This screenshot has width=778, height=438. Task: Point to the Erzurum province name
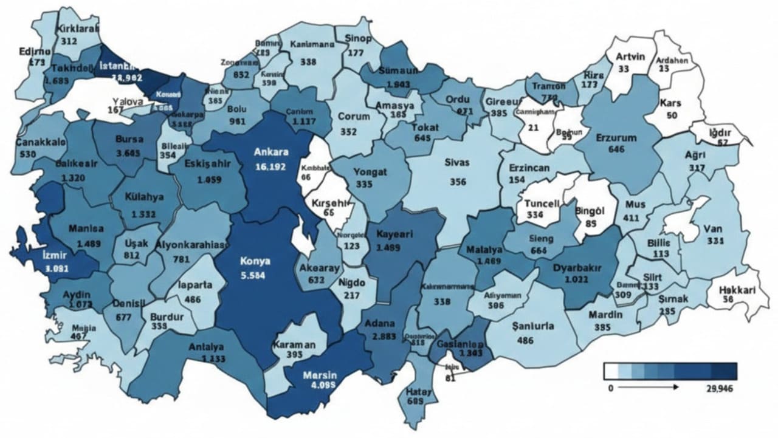[616, 138]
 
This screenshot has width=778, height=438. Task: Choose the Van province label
[712, 229]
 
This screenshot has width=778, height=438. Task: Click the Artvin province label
[630, 56]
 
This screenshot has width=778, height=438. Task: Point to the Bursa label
[129, 139]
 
